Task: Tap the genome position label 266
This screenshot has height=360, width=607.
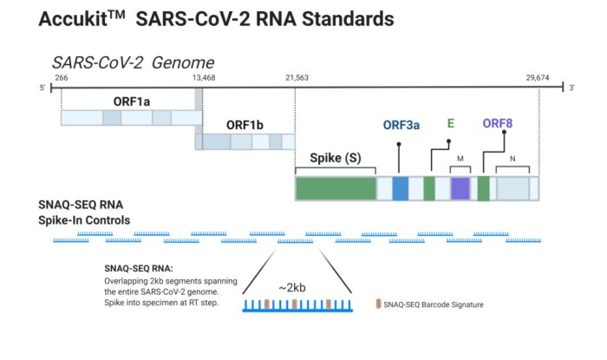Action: tap(61, 78)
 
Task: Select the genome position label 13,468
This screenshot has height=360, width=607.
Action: tap(203, 78)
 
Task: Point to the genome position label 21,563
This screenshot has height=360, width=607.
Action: tap(296, 78)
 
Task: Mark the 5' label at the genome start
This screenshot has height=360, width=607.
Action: tap(42, 88)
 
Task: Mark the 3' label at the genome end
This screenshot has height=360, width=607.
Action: tap(571, 88)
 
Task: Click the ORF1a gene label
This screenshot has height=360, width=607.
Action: tap(131, 101)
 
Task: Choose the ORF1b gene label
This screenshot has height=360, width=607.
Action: tap(245, 125)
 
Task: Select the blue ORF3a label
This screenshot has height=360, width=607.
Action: tap(401, 125)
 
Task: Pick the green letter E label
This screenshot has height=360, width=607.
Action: tap(450, 123)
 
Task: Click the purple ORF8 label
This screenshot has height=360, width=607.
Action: tap(498, 123)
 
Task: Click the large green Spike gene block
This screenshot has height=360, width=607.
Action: tap(336, 188)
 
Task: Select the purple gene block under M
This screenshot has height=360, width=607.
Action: tap(460, 188)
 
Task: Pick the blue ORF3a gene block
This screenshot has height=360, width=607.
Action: tap(400, 188)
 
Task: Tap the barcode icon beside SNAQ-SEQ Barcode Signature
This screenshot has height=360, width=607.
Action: tap(377, 304)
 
